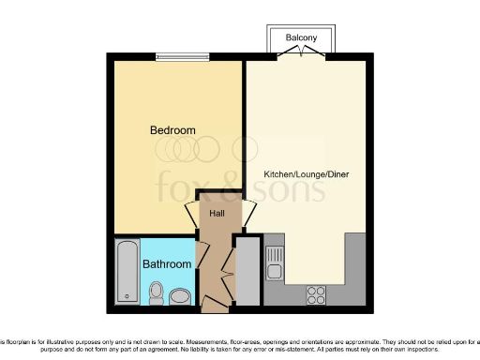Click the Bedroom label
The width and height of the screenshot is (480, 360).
(172, 130)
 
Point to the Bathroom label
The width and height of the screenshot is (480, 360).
(167, 264)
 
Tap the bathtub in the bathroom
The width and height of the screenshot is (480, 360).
(127, 272)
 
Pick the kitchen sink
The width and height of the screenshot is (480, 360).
(274, 262)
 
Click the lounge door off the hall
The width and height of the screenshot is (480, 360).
(247, 213)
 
